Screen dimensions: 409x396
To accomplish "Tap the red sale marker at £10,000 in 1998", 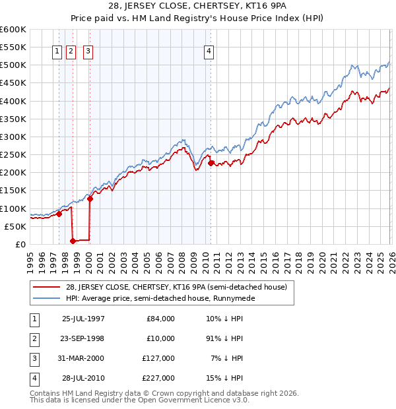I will coord(73,241).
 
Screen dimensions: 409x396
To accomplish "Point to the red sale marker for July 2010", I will coord(211,163).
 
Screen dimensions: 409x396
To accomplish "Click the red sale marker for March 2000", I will coord(90,199).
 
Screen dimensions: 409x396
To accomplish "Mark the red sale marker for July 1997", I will coord(59,214).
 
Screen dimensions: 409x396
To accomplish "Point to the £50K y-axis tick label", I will coord(15,226).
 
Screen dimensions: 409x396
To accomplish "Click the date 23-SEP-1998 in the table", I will coord(83,338).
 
